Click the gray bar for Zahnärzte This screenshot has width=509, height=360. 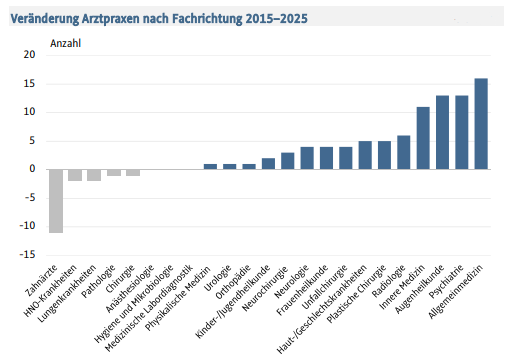click(56, 200)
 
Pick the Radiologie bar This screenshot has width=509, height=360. click(403, 152)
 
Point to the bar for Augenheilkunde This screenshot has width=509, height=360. click(442, 132)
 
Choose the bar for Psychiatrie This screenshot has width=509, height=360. click(461, 132)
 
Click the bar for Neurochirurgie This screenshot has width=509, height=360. click(288, 161)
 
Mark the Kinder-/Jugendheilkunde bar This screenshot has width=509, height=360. click(268, 164)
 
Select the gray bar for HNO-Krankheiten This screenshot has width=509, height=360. click(75, 175)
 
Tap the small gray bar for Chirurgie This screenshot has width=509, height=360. click(133, 172)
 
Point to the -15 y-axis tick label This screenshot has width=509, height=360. click(28, 254)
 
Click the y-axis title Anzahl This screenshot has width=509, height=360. click(65, 42)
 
